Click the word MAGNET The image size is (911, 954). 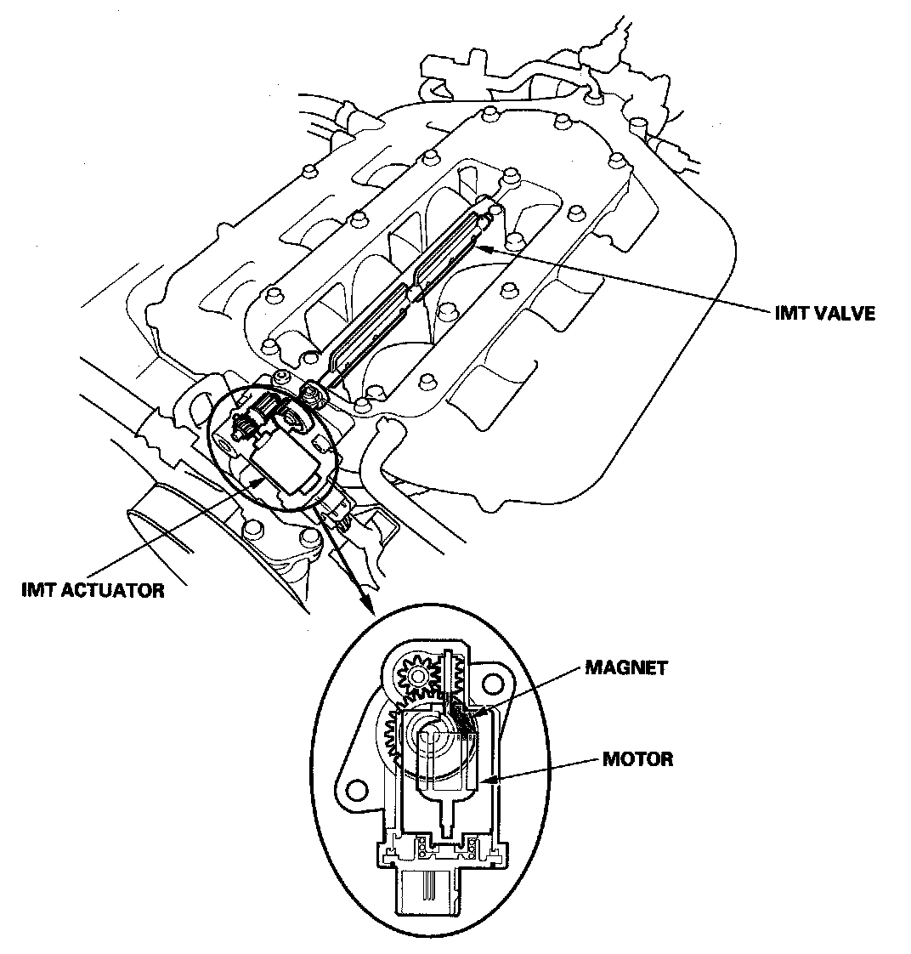click(x=627, y=667)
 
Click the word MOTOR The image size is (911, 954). click(x=638, y=758)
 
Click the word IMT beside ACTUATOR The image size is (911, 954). click(x=38, y=589)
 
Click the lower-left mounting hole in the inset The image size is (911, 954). click(x=358, y=789)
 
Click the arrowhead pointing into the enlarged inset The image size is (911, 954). click(x=368, y=609)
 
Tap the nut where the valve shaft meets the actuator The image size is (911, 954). click(x=311, y=394)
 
